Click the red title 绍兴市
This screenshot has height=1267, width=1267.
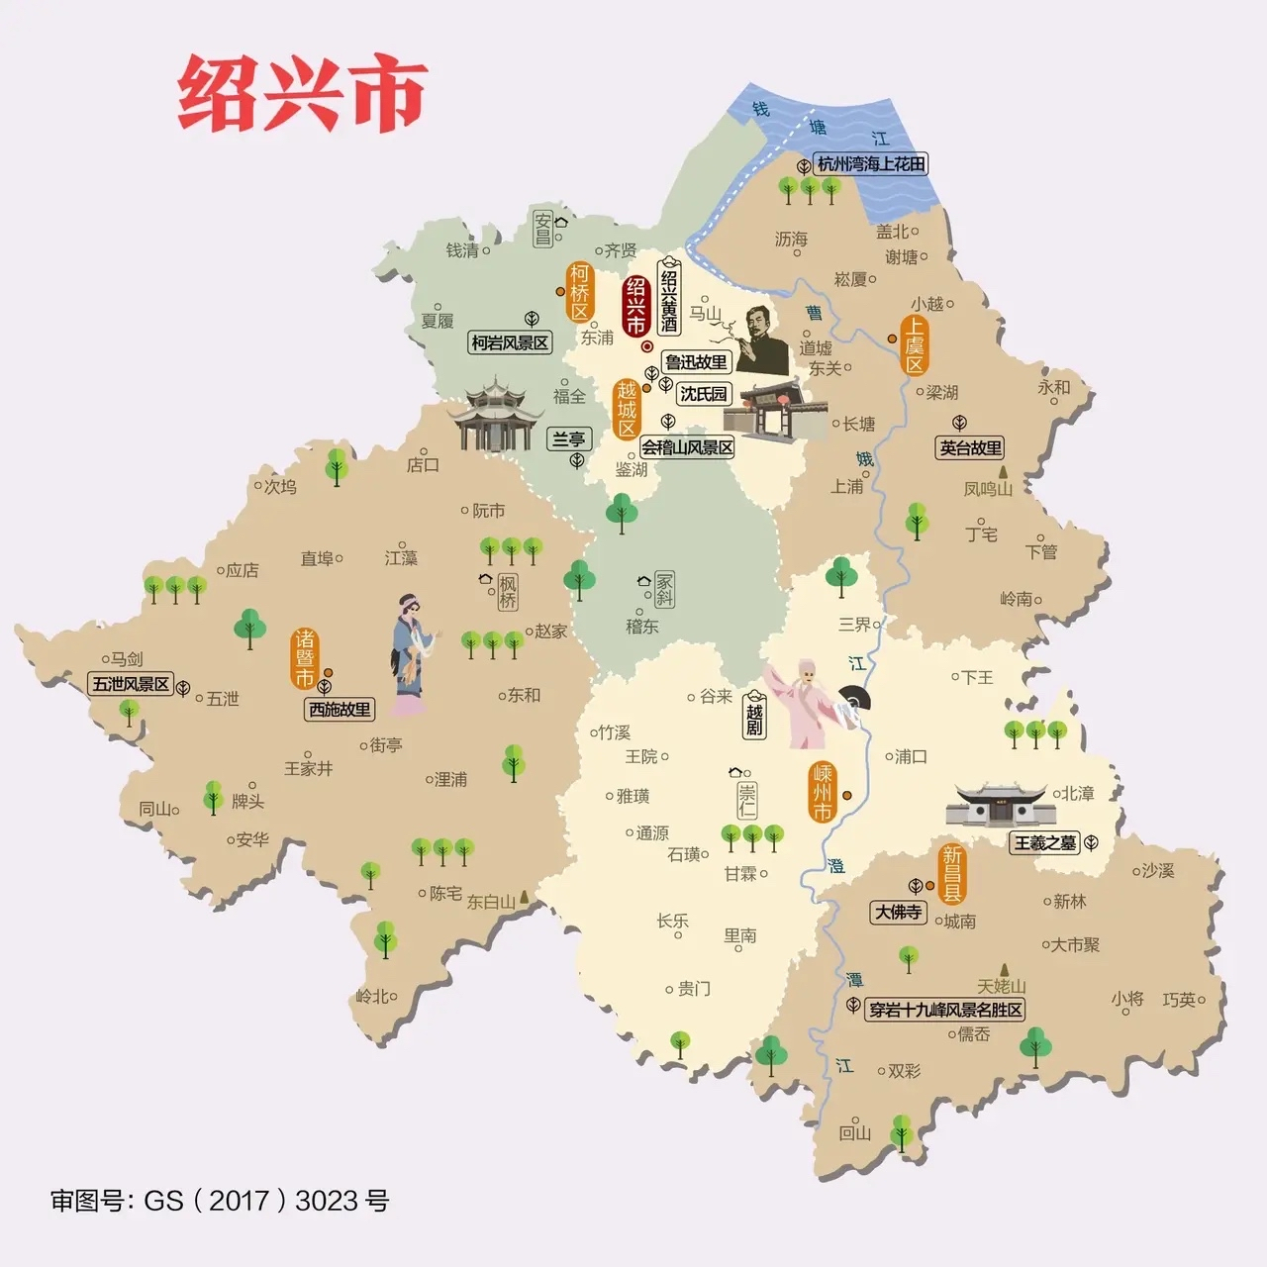pos(302,94)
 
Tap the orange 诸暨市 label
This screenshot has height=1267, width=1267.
pos(305,657)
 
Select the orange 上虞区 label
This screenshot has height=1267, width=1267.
pos(914,345)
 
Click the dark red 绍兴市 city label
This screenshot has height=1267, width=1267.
pos(634,306)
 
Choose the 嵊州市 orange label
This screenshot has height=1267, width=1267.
pos(823,793)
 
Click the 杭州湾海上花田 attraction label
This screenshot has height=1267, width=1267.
pos(871,164)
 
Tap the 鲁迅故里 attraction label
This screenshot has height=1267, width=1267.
pos(696,362)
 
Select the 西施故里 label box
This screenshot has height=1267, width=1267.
pos(340,710)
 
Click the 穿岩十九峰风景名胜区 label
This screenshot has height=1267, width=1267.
pos(944,1011)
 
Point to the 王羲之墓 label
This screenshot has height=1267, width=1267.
pos(1043,843)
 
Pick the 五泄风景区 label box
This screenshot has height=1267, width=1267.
pos(131,684)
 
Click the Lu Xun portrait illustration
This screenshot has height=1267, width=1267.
pos(760,341)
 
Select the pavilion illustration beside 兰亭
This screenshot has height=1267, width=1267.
pos(492,415)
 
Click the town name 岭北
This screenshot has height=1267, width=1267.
pos(372,997)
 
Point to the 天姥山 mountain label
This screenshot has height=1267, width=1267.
pos(1001,986)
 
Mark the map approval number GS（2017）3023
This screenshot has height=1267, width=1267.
pos(220,1201)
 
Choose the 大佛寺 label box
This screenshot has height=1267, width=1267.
pos(898,912)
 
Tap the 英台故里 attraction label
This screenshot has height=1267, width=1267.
pos(971,448)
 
